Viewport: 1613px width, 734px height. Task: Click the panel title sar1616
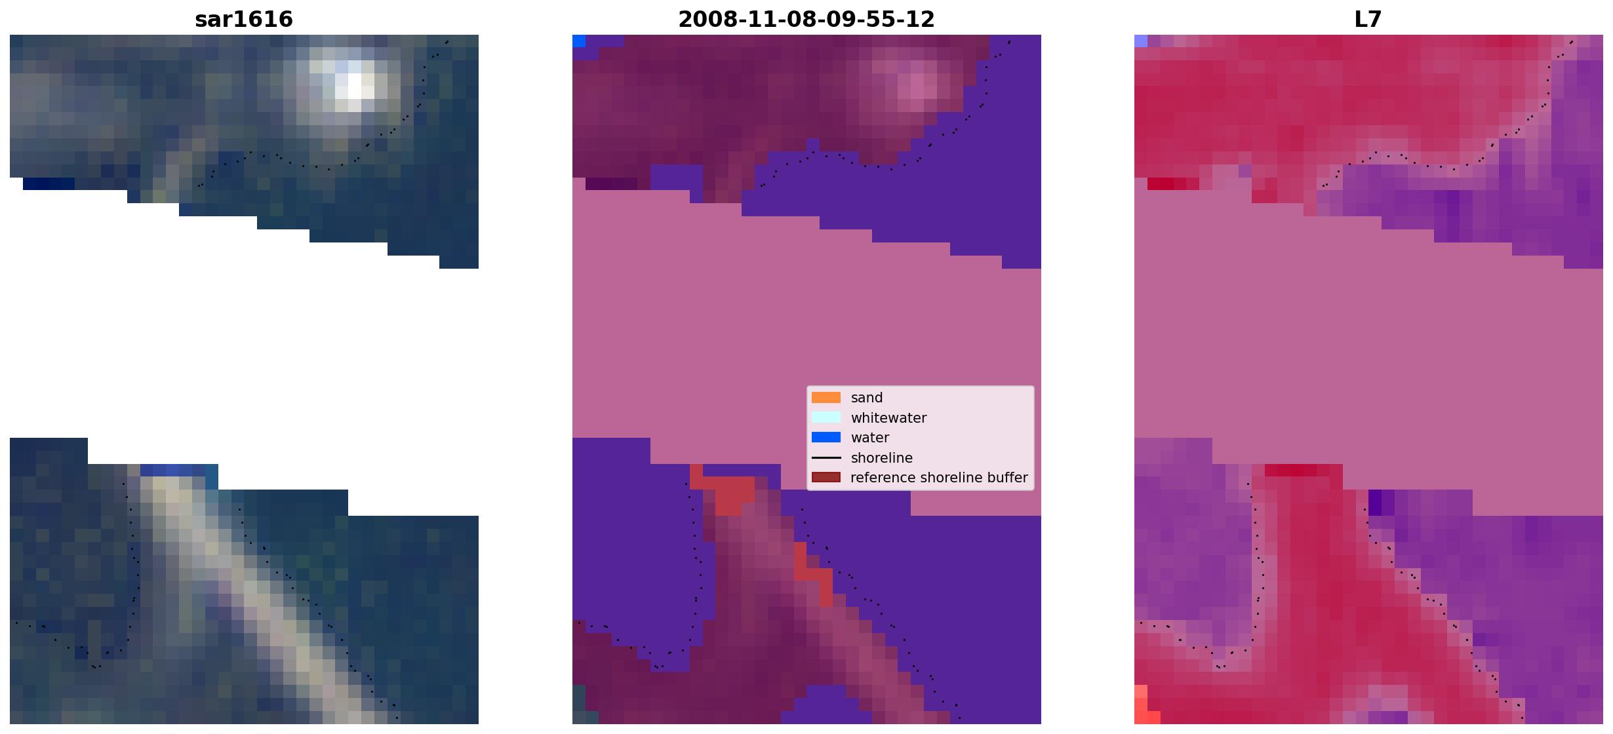(x=244, y=19)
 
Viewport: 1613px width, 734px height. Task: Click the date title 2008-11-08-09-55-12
(x=806, y=19)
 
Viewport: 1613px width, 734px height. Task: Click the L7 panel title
(x=1368, y=19)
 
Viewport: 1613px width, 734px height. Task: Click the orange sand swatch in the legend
(x=826, y=398)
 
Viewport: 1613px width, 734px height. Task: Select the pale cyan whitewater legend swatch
(x=826, y=417)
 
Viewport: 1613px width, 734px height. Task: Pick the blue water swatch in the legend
(x=826, y=438)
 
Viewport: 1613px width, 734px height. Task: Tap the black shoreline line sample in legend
(x=826, y=457)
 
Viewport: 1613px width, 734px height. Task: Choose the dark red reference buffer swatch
(x=826, y=478)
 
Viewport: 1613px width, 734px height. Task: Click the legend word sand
(x=867, y=398)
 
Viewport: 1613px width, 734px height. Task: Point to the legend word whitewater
(x=888, y=418)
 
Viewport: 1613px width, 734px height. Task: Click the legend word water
(x=870, y=438)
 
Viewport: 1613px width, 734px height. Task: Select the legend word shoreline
(x=882, y=458)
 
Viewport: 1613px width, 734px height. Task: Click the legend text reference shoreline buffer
(x=939, y=478)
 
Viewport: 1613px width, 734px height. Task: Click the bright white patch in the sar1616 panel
(x=354, y=86)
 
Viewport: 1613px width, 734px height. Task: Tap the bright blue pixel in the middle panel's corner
(x=579, y=41)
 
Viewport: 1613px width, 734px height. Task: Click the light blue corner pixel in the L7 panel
(x=1141, y=41)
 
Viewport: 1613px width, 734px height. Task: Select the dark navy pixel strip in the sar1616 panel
(x=49, y=184)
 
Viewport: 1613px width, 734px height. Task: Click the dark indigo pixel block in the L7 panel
(x=1375, y=503)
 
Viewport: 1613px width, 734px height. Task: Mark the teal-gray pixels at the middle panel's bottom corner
(x=579, y=705)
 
